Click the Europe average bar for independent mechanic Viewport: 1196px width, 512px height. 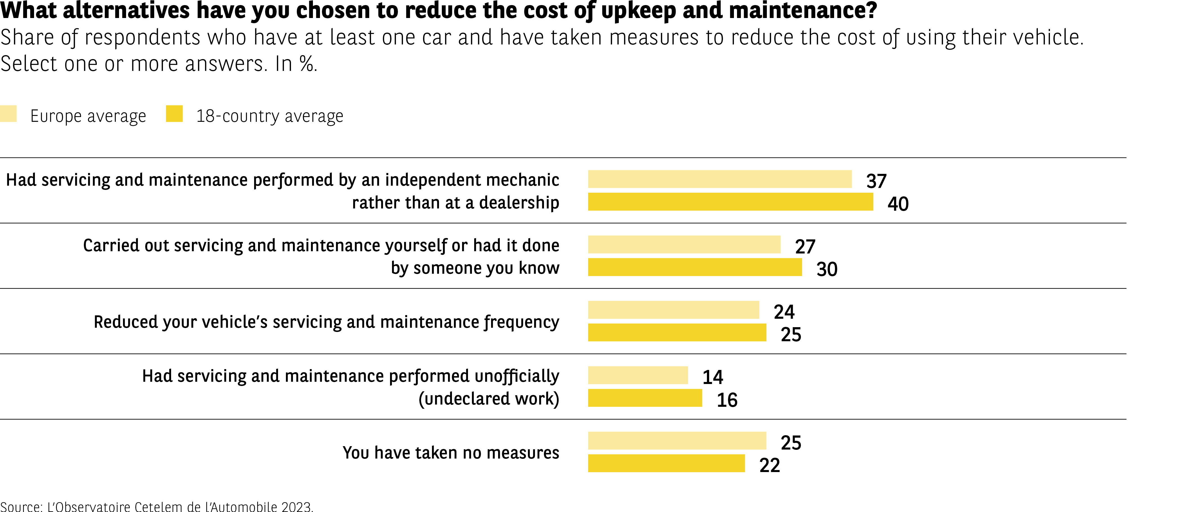tap(720, 179)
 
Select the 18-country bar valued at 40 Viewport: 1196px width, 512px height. tap(730, 202)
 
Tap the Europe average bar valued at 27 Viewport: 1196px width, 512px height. tap(684, 245)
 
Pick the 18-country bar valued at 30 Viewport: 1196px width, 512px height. tap(695, 267)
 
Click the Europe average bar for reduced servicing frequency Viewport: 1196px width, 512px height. tap(673, 310)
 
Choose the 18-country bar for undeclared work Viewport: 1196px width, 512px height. tap(645, 398)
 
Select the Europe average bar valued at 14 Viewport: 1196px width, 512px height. tap(637, 376)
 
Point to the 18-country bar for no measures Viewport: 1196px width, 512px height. tap(666, 464)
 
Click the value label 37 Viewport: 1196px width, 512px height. tap(876, 181)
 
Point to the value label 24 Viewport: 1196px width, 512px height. tap(784, 312)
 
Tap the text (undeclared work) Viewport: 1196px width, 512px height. tap(489, 399)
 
